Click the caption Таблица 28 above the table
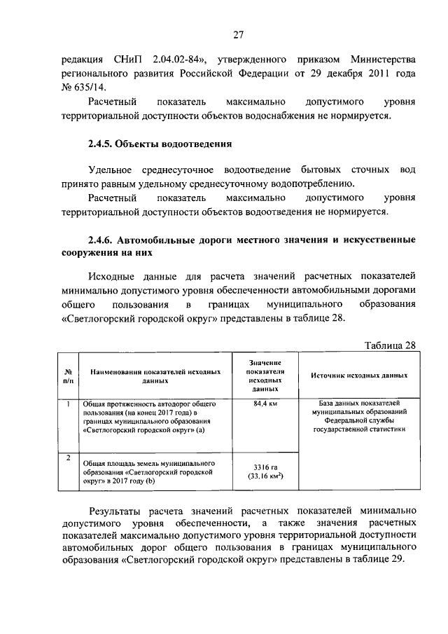pos(391,345)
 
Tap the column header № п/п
pos(69,375)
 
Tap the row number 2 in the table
pos(68,457)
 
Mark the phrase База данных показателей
pos(359,404)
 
